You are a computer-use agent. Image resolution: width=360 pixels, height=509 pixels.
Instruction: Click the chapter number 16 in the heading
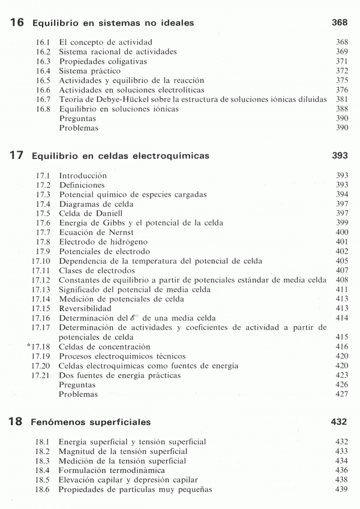17,23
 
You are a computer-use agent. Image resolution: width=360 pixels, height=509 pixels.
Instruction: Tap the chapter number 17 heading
17,156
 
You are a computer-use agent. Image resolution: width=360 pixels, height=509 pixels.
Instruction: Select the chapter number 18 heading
17,422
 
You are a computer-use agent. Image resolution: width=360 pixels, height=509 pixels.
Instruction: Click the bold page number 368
340,23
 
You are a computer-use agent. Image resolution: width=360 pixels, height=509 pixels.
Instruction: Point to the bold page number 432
340,422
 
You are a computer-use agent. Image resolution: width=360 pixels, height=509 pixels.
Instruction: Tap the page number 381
342,100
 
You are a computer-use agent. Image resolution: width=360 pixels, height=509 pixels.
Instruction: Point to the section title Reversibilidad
86,308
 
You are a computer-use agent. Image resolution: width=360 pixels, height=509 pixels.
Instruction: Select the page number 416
342,347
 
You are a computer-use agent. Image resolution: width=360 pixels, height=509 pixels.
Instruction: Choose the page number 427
342,394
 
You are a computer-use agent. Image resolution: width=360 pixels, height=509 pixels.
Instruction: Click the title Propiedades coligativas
103,62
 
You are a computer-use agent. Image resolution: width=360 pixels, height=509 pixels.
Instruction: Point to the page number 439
342,490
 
